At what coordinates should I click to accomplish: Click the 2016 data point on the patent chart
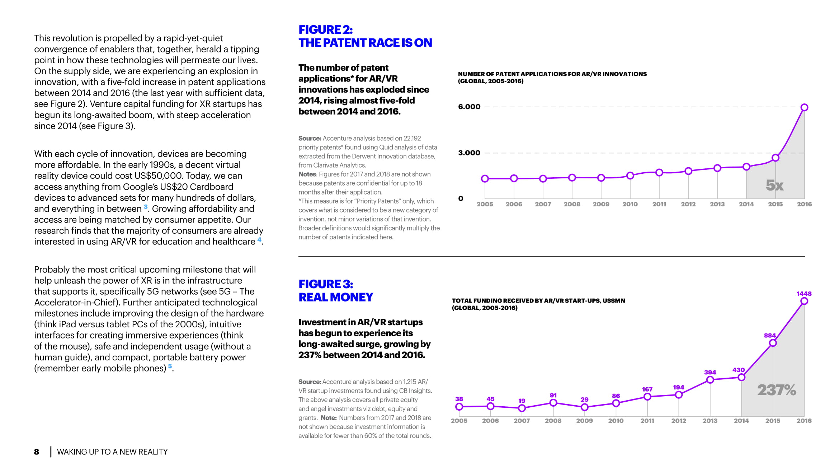click(x=804, y=107)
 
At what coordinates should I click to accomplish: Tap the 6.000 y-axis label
click(x=469, y=107)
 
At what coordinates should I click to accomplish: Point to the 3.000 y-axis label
click(x=469, y=153)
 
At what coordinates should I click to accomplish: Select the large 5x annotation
click(x=774, y=185)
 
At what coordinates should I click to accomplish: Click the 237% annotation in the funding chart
click(x=777, y=390)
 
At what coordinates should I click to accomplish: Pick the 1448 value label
click(x=804, y=294)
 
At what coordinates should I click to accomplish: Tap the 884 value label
click(x=770, y=336)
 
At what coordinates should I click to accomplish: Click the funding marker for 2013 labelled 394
click(x=710, y=380)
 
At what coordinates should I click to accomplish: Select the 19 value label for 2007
click(x=522, y=401)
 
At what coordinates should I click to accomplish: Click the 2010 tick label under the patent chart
click(x=630, y=204)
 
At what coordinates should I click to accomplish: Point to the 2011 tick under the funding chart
click(x=647, y=421)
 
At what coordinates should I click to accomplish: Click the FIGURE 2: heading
click(x=325, y=29)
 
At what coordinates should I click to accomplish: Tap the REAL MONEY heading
click(x=336, y=297)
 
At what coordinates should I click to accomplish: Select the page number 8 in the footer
click(x=37, y=452)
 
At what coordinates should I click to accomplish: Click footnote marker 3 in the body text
click(x=146, y=207)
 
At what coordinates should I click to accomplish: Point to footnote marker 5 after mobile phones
click(x=170, y=366)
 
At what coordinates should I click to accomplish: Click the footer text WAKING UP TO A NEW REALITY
click(x=112, y=452)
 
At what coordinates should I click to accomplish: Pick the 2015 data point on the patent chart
click(x=776, y=158)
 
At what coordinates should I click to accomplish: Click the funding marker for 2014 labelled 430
click(x=741, y=377)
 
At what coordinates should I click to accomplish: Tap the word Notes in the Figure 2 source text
click(x=307, y=174)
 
